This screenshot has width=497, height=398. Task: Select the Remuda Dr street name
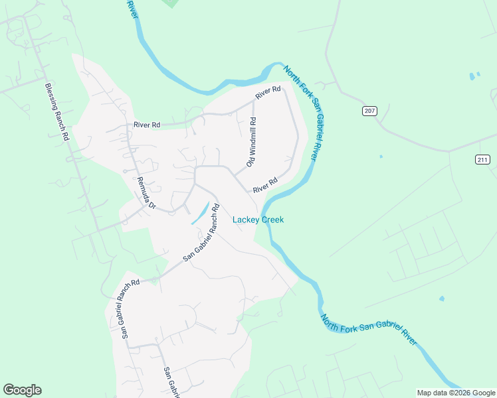point(146,193)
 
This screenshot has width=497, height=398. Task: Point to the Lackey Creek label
point(258,220)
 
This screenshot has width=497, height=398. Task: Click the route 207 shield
point(369,111)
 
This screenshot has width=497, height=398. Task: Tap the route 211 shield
point(482,159)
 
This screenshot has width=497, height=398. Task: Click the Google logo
point(22,390)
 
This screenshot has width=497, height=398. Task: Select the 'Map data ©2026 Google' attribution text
point(455,393)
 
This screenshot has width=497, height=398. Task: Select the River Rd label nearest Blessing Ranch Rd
point(147,124)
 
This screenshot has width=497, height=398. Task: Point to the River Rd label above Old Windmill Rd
point(268,93)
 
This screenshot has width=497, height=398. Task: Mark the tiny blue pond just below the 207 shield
point(381,157)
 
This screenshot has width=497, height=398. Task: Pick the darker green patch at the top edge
point(171,3)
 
